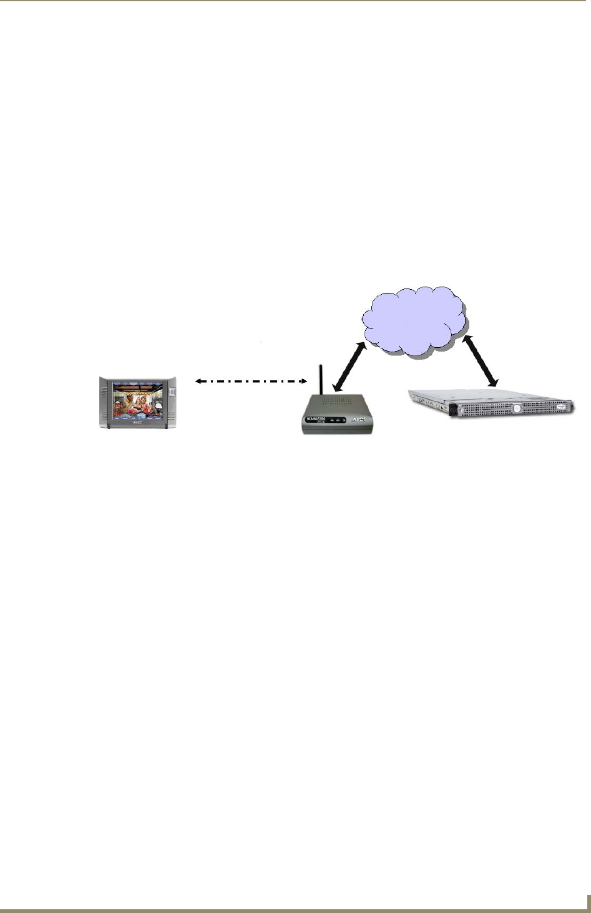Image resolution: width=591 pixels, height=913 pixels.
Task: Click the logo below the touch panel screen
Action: click(138, 423)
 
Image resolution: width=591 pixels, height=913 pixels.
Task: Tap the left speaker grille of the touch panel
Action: click(104, 400)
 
